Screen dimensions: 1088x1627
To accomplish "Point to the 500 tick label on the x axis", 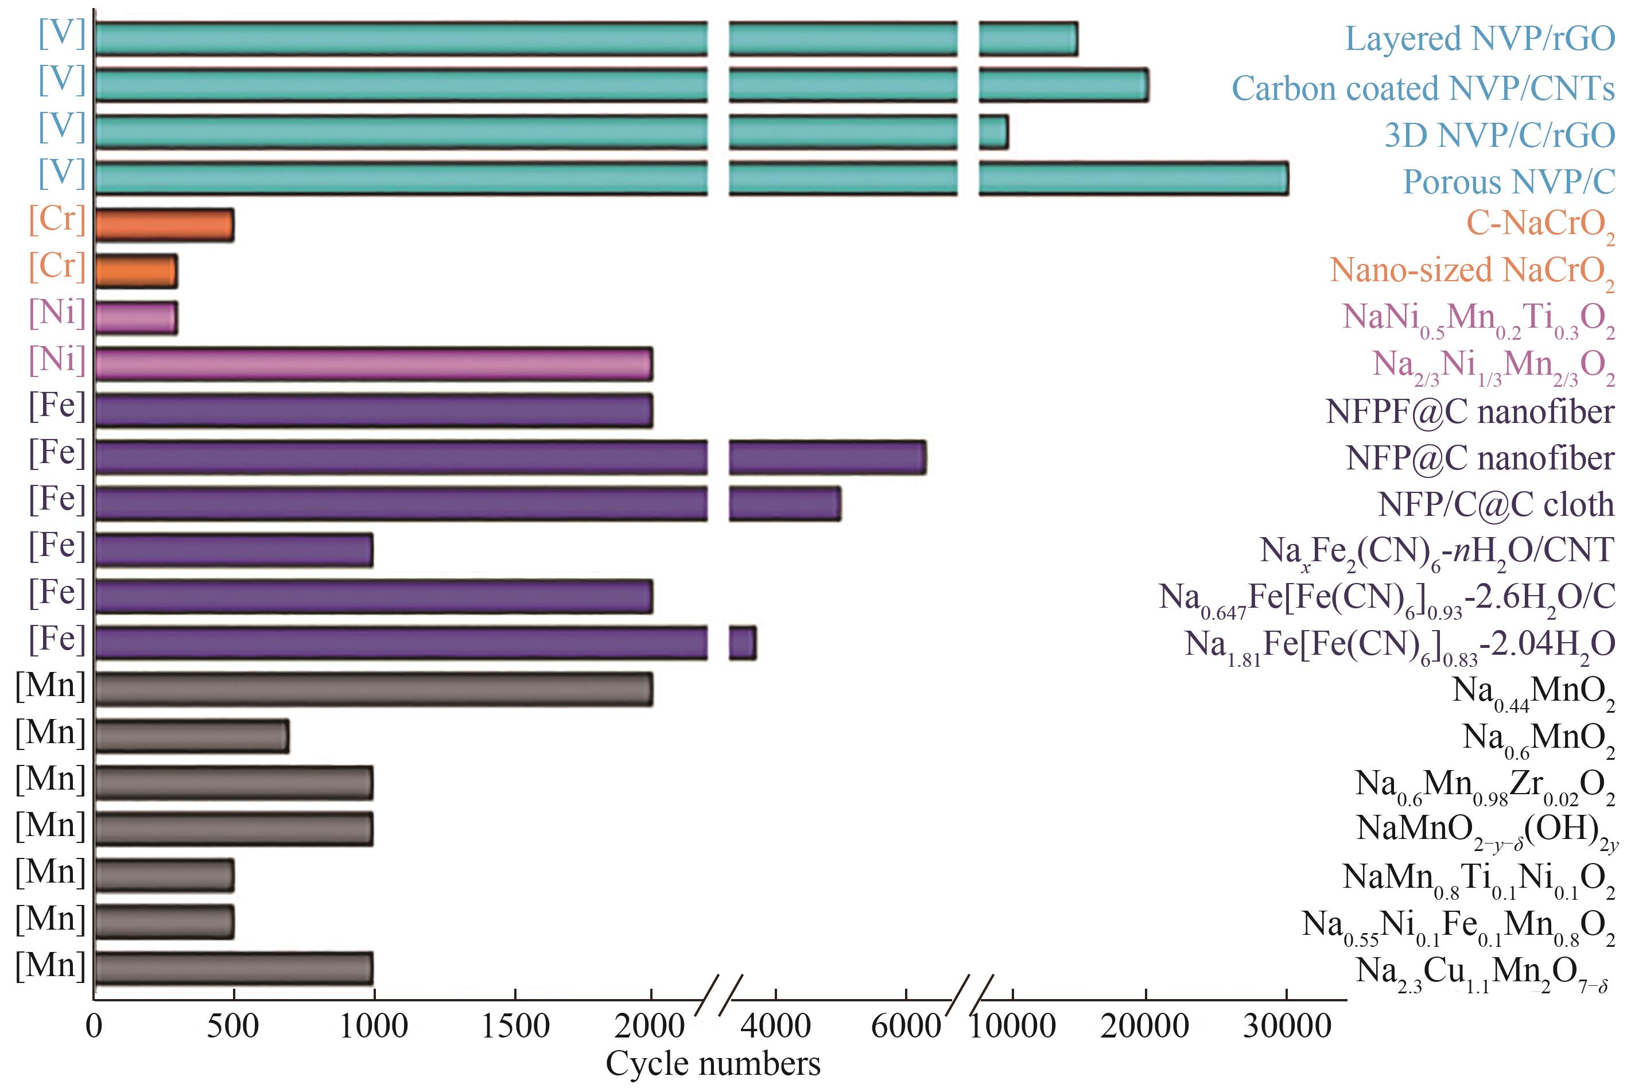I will (x=233, y=1026).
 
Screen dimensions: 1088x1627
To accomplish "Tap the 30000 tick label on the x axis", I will (x=1287, y=1026).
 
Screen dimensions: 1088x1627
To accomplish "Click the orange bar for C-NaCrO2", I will (x=165, y=225).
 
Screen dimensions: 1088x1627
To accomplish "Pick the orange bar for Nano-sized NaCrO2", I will (x=136, y=271).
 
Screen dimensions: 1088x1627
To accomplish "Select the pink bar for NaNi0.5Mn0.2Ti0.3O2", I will (x=136, y=318).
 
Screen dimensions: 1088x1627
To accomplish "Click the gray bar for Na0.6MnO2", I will (x=192, y=736).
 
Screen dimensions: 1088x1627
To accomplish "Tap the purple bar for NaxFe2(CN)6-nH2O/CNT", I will (x=234, y=550).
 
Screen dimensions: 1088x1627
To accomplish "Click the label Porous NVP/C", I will (x=1508, y=182).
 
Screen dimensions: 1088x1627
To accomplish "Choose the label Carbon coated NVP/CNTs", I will (x=1422, y=89).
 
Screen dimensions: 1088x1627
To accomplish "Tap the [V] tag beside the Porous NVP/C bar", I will (x=62, y=172).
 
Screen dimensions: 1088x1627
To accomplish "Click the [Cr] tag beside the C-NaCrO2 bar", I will (x=57, y=219).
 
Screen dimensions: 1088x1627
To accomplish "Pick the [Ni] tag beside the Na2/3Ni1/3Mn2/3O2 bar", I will (x=57, y=359).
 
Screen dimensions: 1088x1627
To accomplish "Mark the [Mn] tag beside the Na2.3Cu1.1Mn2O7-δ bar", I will (x=51, y=965).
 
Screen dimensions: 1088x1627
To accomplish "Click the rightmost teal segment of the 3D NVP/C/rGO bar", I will (x=993, y=133).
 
